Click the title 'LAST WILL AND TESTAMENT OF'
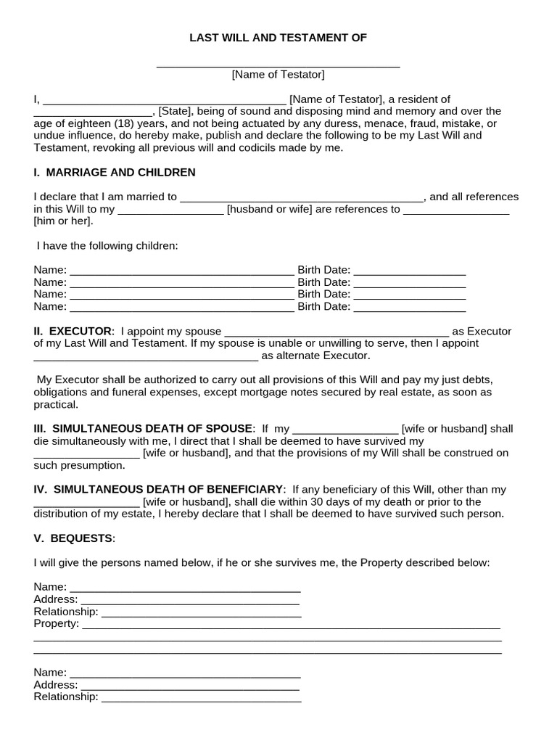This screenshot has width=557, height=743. (x=278, y=38)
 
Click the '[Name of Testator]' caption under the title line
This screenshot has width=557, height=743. (x=278, y=74)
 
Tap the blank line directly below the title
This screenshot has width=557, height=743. (x=278, y=64)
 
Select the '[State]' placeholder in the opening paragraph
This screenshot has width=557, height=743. (x=173, y=111)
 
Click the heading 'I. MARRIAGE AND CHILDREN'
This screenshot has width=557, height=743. (x=115, y=172)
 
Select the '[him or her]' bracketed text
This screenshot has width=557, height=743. (x=63, y=221)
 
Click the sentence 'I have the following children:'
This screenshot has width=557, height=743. (x=107, y=246)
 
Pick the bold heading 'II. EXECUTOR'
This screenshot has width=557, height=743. (x=73, y=331)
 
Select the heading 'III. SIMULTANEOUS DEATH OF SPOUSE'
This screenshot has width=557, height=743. (x=143, y=429)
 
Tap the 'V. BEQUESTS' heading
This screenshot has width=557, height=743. (x=73, y=538)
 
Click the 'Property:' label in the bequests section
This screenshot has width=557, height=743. (x=56, y=623)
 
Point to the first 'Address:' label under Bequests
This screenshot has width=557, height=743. (x=55, y=599)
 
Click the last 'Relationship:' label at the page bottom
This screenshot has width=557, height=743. (x=65, y=697)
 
